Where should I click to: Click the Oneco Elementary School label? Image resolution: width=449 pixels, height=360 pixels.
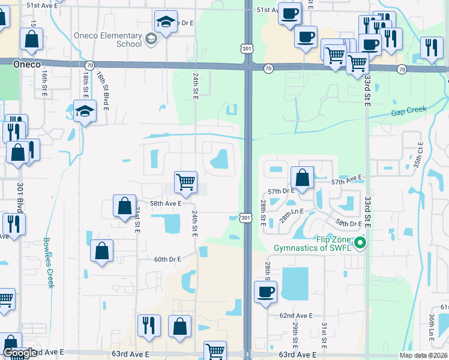(x=108, y=39)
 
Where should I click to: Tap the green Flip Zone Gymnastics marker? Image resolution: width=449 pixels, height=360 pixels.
(x=360, y=243)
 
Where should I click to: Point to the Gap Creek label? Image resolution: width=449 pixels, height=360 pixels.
(x=409, y=110)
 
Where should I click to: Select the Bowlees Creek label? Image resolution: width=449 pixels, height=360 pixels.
(x=49, y=263)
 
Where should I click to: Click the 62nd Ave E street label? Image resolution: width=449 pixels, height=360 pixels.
(x=296, y=316)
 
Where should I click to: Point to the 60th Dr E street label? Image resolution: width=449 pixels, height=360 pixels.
(x=167, y=259)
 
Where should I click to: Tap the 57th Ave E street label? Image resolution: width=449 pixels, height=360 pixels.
(x=348, y=179)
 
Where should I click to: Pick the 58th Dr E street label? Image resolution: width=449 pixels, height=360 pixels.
(x=349, y=223)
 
